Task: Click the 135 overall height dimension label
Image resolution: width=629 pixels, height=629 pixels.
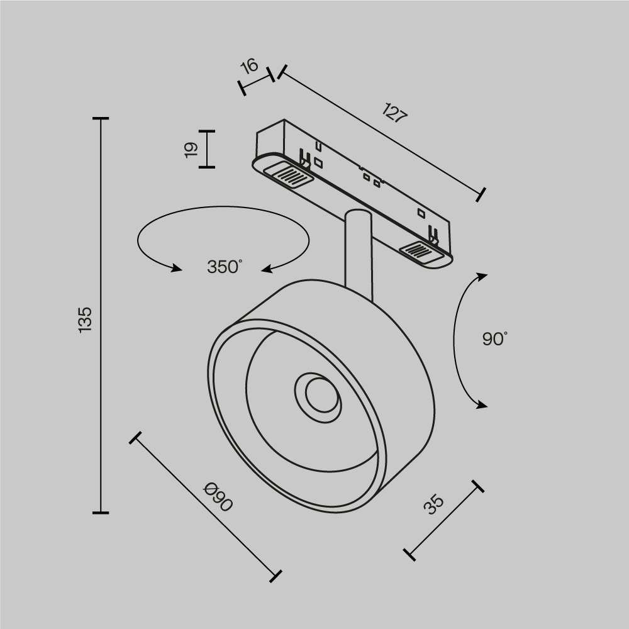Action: (86, 320)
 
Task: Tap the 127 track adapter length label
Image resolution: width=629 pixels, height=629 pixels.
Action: (395, 114)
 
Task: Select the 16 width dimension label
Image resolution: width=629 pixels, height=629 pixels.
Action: (250, 65)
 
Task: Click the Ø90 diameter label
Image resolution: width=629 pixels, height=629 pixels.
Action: (218, 497)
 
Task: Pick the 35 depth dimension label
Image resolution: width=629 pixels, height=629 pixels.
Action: (433, 504)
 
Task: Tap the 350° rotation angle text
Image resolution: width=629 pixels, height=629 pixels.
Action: (224, 267)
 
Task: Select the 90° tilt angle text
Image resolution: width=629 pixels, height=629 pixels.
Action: (494, 339)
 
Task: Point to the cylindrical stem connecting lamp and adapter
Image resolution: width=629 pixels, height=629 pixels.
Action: (359, 252)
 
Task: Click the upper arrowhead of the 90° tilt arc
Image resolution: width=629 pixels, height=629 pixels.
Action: (482, 276)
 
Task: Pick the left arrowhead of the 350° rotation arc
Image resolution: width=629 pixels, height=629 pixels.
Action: (175, 269)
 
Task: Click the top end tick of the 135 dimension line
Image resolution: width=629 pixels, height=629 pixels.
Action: (101, 118)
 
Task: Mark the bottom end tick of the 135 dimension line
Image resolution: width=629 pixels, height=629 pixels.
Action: (101, 513)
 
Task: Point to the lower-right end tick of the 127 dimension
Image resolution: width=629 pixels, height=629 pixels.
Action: (481, 194)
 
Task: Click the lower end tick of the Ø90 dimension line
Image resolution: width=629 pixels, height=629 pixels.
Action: (275, 575)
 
